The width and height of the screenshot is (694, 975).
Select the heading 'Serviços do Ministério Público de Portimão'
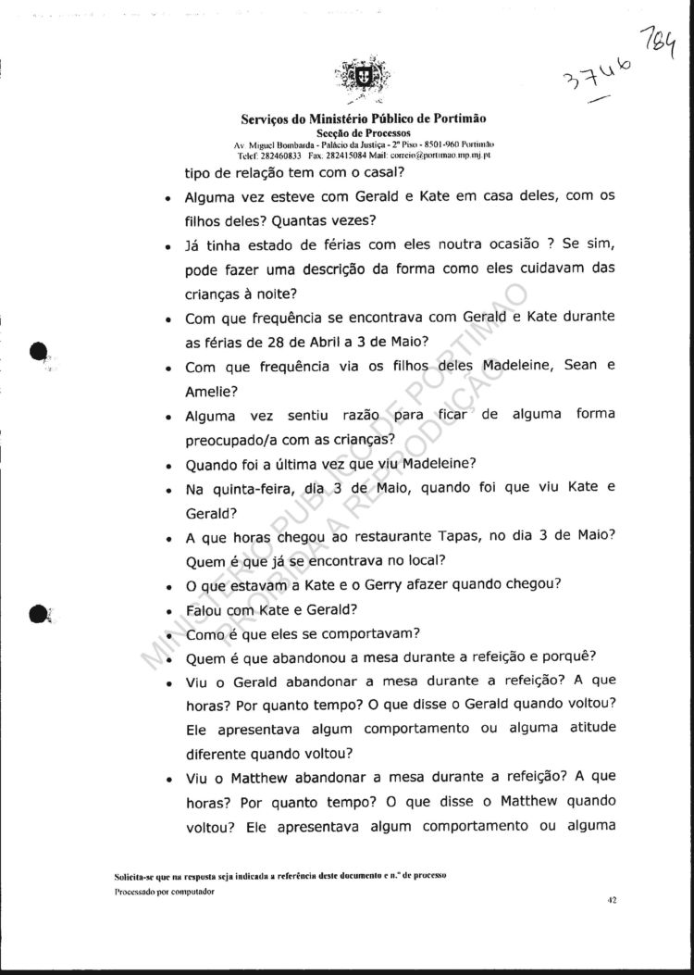364,119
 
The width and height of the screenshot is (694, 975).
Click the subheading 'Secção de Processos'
364,133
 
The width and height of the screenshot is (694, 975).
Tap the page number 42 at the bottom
612,898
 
